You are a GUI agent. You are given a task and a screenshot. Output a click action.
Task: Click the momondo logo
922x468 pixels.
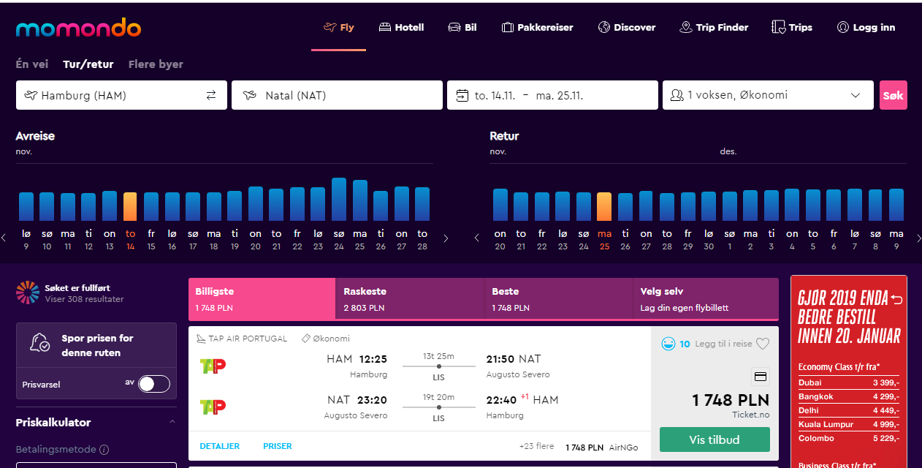tap(78, 28)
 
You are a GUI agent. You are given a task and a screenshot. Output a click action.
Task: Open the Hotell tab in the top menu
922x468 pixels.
tap(401, 28)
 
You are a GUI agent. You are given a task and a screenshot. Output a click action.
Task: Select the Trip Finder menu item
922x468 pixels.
tap(714, 28)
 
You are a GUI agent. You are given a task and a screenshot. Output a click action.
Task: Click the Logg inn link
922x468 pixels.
tap(866, 28)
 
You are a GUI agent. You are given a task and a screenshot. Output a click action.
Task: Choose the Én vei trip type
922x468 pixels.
tap(32, 64)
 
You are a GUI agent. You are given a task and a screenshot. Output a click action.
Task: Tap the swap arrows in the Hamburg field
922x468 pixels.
tap(211, 95)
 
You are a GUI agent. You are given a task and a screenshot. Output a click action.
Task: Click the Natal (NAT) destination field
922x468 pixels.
tap(337, 95)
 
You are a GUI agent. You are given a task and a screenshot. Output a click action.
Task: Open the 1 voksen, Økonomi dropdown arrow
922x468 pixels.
tap(856, 95)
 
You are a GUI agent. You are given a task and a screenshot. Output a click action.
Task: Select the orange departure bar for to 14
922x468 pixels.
tap(130, 206)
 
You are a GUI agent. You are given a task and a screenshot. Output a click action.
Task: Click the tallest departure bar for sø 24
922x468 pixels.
tap(339, 200)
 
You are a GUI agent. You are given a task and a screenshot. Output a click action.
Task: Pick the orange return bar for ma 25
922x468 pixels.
tap(604, 206)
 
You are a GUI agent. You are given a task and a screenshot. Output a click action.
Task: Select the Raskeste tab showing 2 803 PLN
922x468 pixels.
tap(410, 298)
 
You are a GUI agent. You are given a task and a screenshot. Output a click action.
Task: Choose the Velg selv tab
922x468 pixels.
tap(705, 298)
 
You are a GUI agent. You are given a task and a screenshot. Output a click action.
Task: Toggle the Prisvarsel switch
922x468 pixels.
tap(154, 384)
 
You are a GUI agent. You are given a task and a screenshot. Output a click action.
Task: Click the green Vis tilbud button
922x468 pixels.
tap(715, 439)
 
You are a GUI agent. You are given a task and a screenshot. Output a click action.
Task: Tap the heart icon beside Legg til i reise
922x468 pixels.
tap(763, 344)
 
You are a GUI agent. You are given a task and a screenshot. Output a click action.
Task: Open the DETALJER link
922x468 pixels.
tap(219, 446)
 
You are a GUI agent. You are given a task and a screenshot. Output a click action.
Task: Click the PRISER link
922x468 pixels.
tap(278, 446)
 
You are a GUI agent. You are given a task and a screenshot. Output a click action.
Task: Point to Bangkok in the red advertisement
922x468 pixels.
tap(816, 396)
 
